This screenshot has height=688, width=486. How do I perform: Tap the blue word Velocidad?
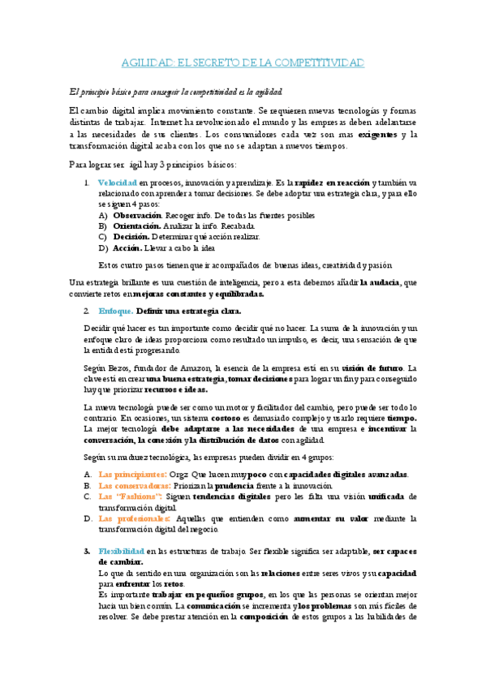(x=118, y=183)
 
